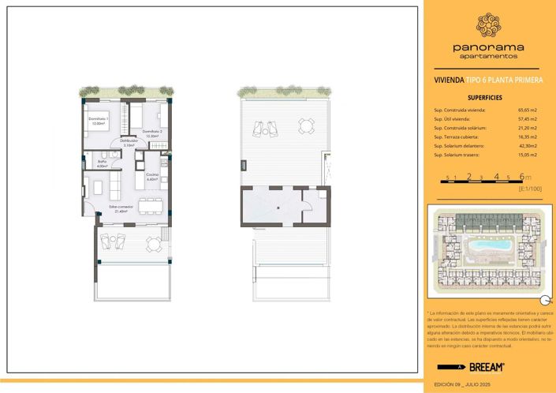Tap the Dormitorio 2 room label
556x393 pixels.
pos(151,133)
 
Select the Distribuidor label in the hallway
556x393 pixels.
pos(129,142)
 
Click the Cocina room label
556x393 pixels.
pos(153,176)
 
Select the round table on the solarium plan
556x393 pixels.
pos(305,125)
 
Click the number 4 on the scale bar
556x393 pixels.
pos(496,178)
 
